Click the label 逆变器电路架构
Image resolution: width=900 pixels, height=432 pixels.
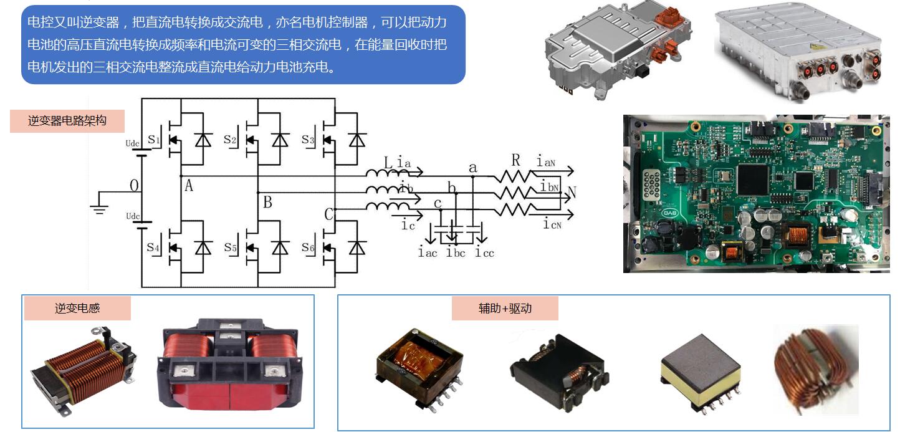[67, 121]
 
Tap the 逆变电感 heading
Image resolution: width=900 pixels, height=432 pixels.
[77, 308]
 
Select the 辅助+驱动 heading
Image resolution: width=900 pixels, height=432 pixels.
[505, 308]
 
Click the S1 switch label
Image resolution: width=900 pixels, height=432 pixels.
[154, 140]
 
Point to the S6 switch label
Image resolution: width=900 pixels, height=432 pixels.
[308, 247]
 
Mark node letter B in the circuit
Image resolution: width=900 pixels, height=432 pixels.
[267, 202]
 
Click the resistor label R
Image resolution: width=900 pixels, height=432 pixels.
[515, 161]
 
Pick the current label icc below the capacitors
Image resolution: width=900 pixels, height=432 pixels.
[484, 252]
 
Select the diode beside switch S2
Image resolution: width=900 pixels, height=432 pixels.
[280, 140]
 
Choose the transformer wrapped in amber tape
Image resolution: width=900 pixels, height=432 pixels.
[419, 367]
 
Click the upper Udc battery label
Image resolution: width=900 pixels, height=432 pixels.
[133, 143]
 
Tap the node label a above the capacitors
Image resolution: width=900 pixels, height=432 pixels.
[472, 167]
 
